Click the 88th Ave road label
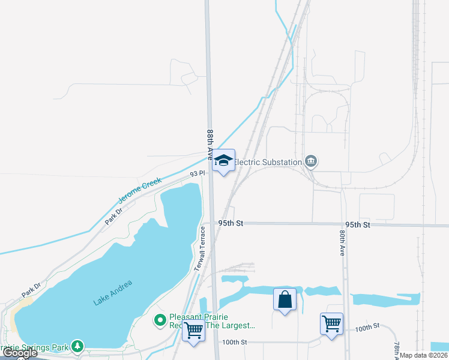[210, 143]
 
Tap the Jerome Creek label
[140, 190]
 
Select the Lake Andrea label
[112, 293]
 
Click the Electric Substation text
[267, 162]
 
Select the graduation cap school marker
[224, 160]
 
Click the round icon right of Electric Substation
[311, 161]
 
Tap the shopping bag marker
[285, 299]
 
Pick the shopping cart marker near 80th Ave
[331, 324]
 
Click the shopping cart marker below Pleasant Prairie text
[193, 330]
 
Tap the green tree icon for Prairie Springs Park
[77, 346]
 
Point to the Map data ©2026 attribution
[424, 355]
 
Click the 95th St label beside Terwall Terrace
[231, 223]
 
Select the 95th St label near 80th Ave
[357, 224]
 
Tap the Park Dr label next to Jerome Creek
[114, 215]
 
